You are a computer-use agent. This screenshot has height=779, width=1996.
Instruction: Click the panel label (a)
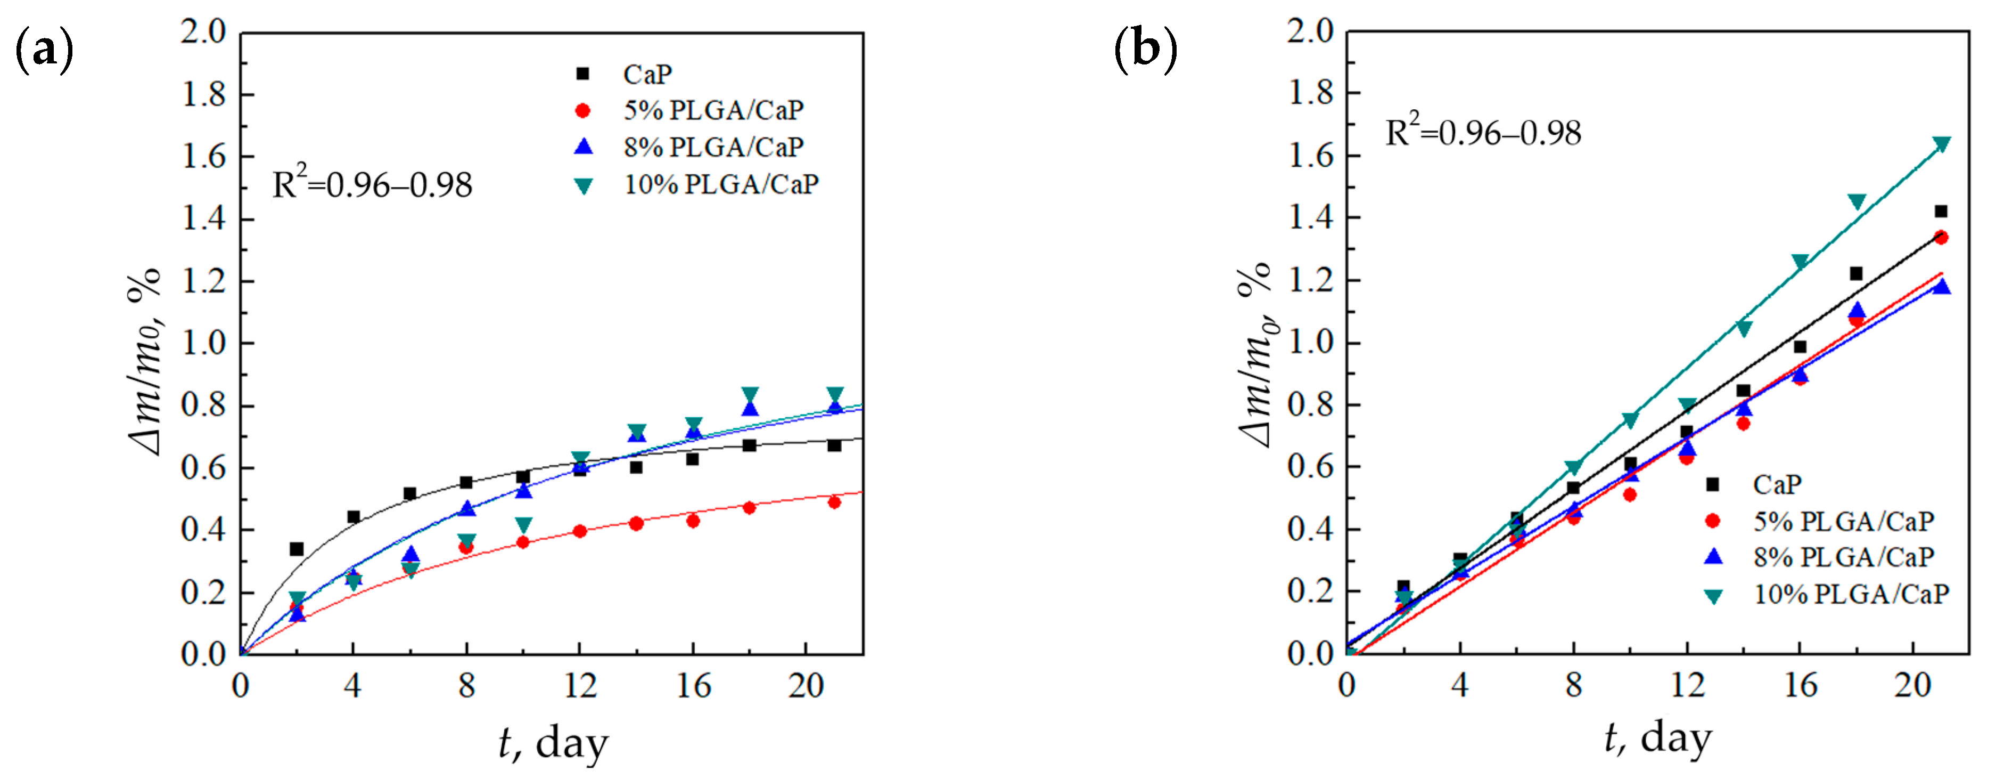pos(44,50)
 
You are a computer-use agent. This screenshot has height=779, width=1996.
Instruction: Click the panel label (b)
pos(1145,50)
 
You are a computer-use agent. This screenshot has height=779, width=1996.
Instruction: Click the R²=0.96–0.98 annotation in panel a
pos(372,184)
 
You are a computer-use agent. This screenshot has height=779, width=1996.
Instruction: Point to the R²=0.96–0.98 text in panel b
pos(1482,133)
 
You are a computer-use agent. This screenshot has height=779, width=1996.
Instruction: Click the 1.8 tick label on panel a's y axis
pos(203,94)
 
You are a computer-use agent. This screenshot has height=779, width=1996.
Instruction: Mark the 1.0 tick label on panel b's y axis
pos(1310,342)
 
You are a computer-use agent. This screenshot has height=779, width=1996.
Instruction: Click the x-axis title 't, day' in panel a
pos(553,743)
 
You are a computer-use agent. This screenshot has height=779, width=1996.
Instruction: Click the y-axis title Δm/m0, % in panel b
pos(1255,353)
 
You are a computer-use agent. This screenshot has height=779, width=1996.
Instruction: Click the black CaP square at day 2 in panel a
pos(296,549)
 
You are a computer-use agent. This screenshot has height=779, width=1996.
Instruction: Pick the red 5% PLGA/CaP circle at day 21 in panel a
pos(834,502)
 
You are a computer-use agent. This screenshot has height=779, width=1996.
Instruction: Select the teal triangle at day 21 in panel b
pos(1941,144)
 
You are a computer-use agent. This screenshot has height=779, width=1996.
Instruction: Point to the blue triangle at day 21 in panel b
pos(1941,287)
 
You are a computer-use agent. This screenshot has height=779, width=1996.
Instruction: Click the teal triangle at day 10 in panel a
pos(523,525)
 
